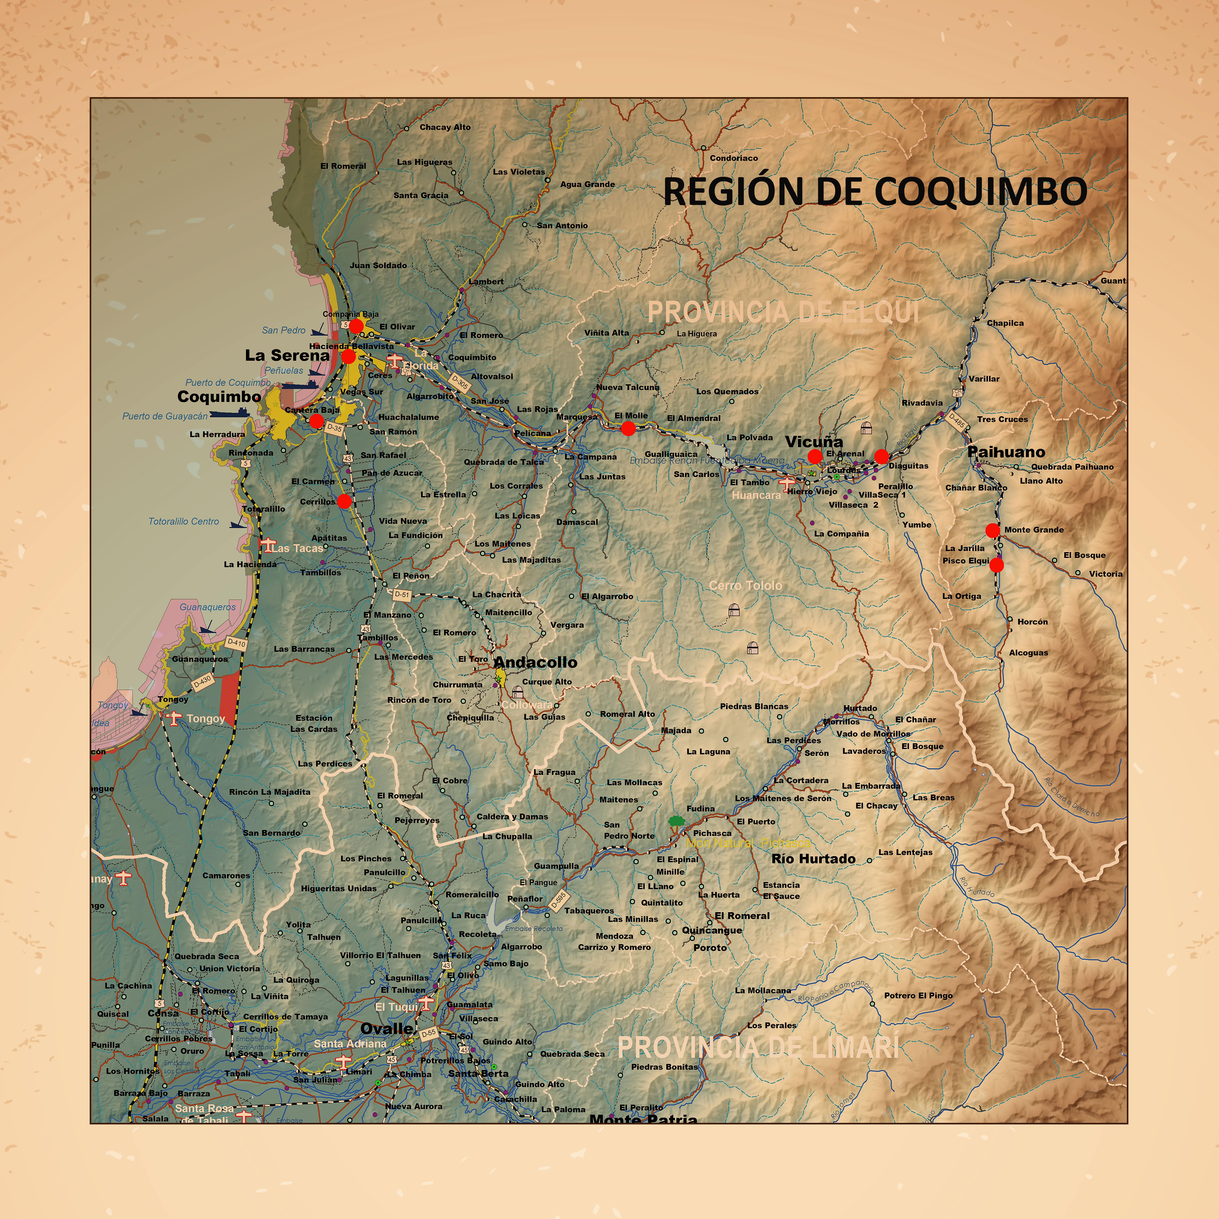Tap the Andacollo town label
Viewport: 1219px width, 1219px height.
click(x=535, y=663)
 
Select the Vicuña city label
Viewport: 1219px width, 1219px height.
click(x=813, y=442)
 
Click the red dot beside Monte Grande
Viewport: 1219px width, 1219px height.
click(x=992, y=530)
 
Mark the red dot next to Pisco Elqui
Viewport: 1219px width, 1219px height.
click(x=996, y=565)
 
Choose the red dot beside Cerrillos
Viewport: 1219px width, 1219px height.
click(x=344, y=501)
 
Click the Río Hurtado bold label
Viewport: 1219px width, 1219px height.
click(x=813, y=859)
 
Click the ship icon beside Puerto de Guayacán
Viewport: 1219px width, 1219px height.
click(x=228, y=413)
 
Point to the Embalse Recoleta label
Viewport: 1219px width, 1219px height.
click(x=534, y=929)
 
